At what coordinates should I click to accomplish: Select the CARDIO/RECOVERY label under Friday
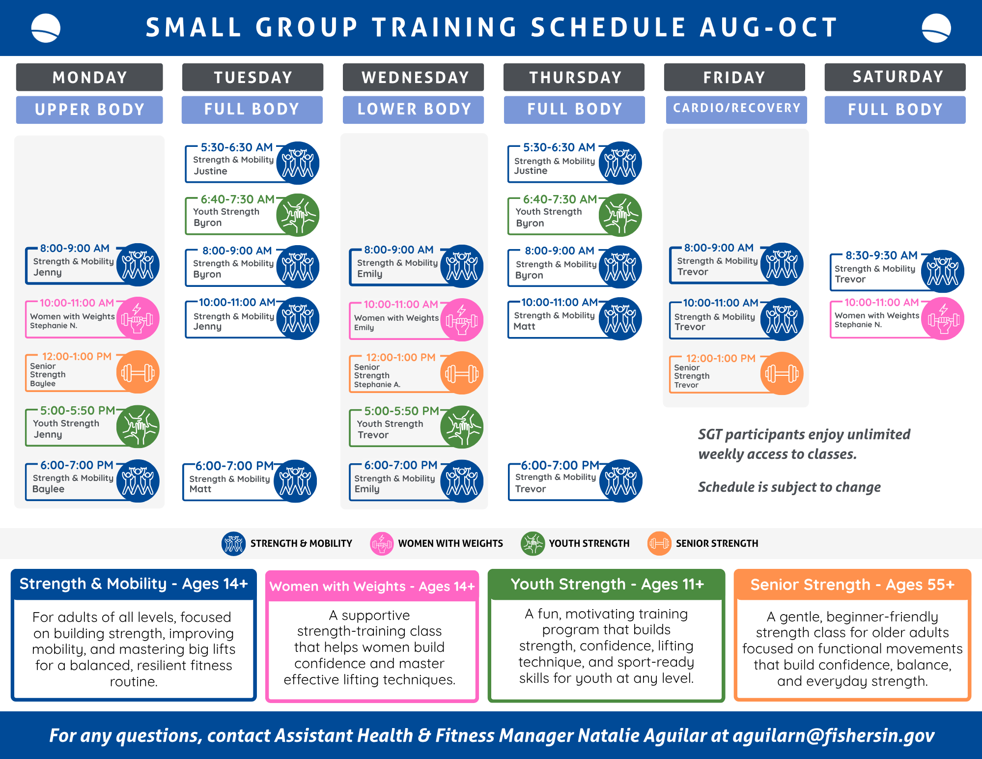pos(736,109)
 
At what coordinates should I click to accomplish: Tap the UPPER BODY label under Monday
pos(89,110)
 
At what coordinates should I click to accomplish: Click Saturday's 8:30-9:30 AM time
pos(881,255)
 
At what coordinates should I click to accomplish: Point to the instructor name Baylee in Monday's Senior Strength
pos(43,384)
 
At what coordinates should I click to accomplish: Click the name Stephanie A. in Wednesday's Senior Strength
pos(377,385)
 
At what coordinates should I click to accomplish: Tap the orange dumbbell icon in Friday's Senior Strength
pos(782,373)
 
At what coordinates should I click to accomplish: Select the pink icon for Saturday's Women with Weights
pos(943,318)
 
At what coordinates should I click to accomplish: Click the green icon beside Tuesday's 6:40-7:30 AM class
pos(298,215)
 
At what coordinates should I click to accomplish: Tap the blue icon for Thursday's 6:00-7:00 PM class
pos(620,481)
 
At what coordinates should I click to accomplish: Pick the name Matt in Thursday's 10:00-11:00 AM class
pos(524,327)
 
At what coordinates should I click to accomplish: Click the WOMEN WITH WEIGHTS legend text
pos(450,543)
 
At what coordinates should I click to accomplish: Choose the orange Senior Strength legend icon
pos(659,543)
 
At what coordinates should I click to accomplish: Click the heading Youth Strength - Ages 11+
pos(607,584)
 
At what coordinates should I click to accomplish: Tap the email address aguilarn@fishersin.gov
pos(834,735)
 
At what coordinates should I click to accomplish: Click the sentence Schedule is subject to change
pos(789,487)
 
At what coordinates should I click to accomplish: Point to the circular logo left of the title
pos(46,28)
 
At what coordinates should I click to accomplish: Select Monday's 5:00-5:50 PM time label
pos(78,411)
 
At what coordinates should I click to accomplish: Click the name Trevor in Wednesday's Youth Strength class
pos(373,435)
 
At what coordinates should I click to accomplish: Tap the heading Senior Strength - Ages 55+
pos(852,585)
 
